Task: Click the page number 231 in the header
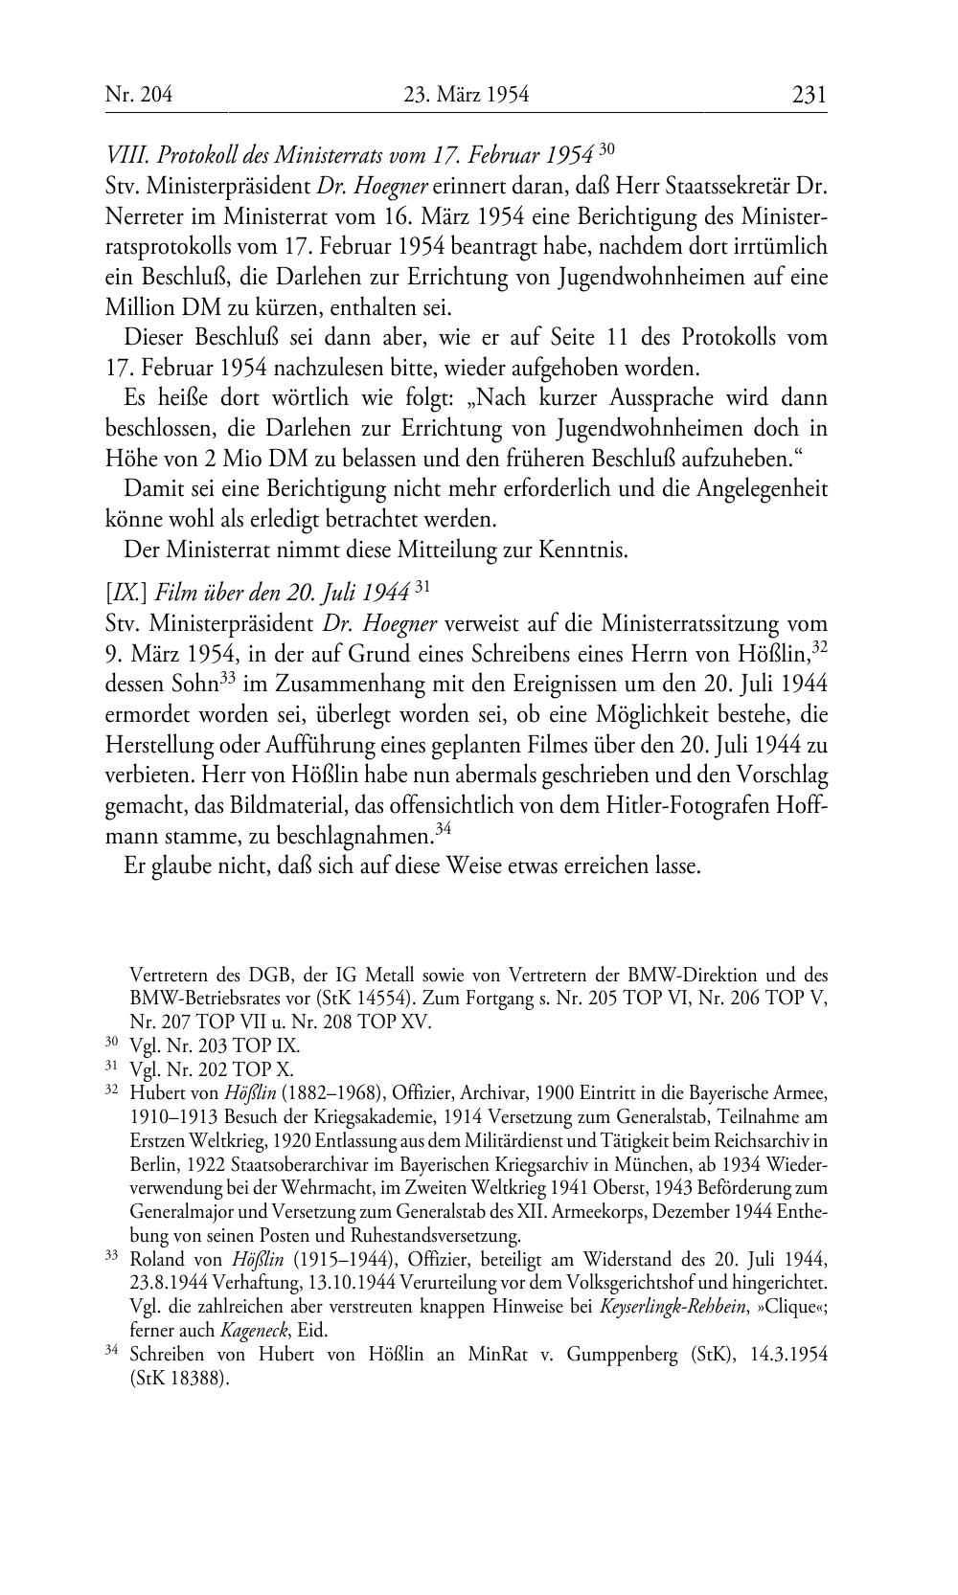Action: click(809, 95)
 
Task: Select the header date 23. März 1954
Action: click(467, 95)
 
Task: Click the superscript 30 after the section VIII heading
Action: click(605, 148)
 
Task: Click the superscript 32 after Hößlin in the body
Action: click(819, 648)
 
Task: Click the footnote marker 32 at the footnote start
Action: click(110, 1090)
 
